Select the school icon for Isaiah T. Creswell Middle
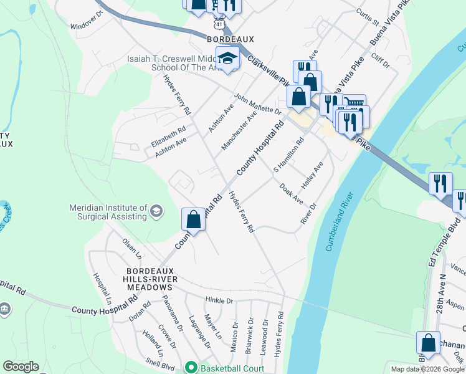pos(227,57)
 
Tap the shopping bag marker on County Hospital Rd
pos(193,219)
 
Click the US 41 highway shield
pos(217,23)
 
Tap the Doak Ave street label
pos(291,194)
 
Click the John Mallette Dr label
pos(257,103)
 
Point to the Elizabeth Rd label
pos(169,137)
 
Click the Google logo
pos(21,367)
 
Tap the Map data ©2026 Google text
pos(427,369)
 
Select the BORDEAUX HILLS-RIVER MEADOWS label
pos(149,279)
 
